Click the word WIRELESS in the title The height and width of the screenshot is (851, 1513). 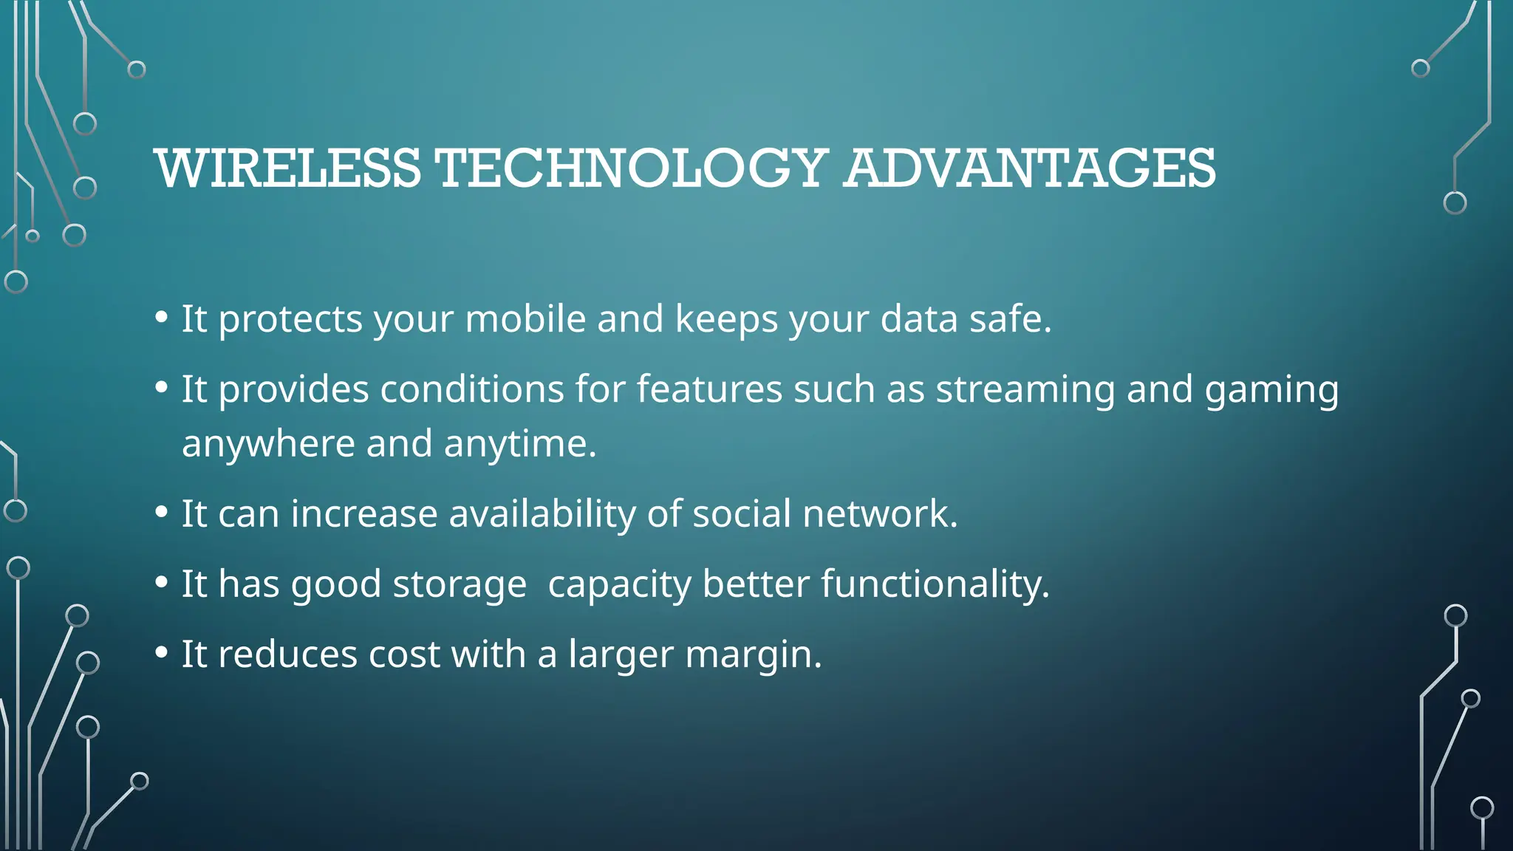point(288,168)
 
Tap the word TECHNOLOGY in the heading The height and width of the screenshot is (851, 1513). point(632,168)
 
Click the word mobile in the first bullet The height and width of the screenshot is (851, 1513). point(525,319)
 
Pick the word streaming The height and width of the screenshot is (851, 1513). point(1025,389)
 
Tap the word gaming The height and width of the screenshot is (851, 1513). point(1271,389)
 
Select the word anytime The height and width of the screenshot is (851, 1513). point(519,444)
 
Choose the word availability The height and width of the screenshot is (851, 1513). point(542,513)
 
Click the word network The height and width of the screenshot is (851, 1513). point(880,513)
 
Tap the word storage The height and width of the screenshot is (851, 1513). point(460,584)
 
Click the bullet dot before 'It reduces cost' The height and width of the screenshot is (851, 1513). point(162,654)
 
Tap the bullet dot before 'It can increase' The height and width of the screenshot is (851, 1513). point(162,513)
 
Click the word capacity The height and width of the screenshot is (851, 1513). point(619,584)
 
